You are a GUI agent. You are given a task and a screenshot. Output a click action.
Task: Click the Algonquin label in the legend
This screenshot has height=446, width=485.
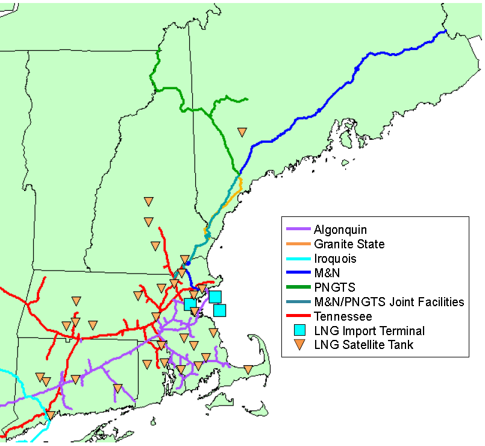pos(340,230)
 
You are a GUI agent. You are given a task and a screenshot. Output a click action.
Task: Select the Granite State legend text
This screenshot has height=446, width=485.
pos(349,244)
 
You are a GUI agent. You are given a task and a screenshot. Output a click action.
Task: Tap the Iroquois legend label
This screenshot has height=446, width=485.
pos(335,259)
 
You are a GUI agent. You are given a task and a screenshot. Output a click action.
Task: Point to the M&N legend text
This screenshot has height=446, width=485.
pos(327,273)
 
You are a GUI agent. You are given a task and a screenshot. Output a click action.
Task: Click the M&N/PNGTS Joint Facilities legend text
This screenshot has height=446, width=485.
pos(389,302)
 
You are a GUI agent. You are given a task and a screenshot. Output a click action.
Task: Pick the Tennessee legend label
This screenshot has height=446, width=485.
pos(343,316)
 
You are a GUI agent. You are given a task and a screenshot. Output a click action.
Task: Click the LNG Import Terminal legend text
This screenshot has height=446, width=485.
pos(369,331)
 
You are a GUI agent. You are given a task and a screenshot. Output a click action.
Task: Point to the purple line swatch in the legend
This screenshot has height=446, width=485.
pos(298,230)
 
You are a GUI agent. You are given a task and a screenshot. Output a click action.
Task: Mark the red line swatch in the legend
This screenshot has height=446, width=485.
pos(298,316)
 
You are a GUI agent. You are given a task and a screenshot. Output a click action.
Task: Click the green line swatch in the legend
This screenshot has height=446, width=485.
pos(298,287)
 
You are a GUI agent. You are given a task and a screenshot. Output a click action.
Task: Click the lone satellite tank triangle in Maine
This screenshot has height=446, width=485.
pos(242,131)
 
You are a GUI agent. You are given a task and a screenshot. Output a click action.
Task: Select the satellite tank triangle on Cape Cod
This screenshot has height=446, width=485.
pos(248,369)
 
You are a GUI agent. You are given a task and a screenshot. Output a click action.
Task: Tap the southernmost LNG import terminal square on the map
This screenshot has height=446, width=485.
pos(220,310)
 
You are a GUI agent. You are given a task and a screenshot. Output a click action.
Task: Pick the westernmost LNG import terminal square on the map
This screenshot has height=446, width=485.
pos(189,304)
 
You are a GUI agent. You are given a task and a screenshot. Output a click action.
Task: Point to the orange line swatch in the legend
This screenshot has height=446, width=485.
pos(298,244)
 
